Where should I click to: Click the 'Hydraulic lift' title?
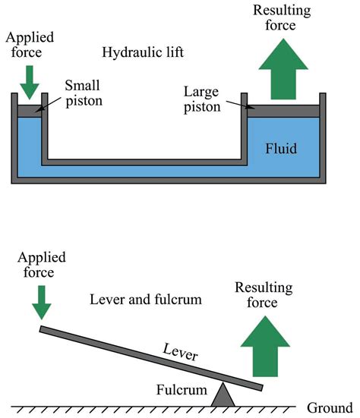[x=143, y=52]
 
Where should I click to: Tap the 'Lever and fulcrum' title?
[x=146, y=299]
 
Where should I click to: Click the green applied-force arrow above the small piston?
[x=30, y=83]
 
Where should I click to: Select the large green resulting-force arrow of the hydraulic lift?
[x=283, y=69]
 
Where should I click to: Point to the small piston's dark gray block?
[x=30, y=112]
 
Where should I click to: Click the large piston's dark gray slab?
[x=283, y=111]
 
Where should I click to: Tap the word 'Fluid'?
[x=281, y=149]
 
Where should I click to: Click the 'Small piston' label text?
[x=84, y=93]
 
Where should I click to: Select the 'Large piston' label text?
[x=202, y=99]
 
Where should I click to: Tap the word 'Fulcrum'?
[x=182, y=390]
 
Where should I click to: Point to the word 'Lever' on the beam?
[x=181, y=352]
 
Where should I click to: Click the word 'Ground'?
[x=330, y=407]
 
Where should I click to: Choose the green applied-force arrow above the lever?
[x=42, y=303]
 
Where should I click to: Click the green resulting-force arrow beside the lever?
[x=265, y=346]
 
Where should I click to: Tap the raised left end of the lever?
[x=40, y=329]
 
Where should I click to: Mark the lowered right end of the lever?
[x=262, y=388]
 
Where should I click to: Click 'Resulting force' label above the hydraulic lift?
[x=282, y=18]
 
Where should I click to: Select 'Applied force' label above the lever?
[x=42, y=265]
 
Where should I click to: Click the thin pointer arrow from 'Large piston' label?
[x=241, y=105]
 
